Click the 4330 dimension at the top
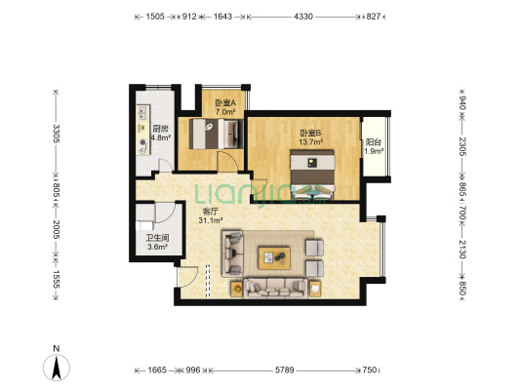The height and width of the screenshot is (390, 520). (303, 17)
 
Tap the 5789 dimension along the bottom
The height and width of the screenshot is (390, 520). (285, 370)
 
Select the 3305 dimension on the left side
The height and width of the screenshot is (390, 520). (56, 134)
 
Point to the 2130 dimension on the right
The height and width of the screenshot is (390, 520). (462, 250)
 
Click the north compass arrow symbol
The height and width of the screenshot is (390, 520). (57, 368)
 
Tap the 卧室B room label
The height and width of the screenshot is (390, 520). (310, 134)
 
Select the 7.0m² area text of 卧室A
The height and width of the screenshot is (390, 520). (225, 112)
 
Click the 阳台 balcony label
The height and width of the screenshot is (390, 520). (373, 142)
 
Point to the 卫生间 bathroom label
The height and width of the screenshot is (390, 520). (157, 238)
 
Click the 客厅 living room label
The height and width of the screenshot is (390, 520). (210, 212)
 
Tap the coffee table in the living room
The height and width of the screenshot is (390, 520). (274, 257)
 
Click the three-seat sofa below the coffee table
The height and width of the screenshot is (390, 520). (275, 288)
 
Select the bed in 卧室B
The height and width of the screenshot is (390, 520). (312, 175)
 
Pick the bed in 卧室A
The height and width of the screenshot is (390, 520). (216, 134)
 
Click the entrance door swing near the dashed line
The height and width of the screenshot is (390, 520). (187, 277)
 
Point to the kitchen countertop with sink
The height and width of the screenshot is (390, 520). (143, 130)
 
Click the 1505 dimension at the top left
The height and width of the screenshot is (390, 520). (155, 17)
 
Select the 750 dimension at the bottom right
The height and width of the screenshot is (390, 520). (370, 370)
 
